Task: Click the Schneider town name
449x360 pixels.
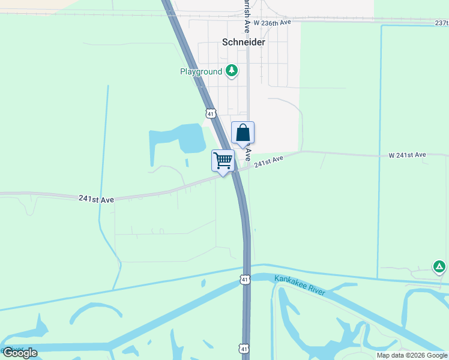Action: [x=244, y=43]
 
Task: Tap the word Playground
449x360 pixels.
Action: [x=201, y=72]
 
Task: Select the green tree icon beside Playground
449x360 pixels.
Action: [x=232, y=71]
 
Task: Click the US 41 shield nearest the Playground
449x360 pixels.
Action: [x=210, y=113]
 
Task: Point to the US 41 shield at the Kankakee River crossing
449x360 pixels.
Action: [x=244, y=280]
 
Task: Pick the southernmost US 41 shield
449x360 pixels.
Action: [x=243, y=348]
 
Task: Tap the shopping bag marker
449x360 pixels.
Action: [x=243, y=133]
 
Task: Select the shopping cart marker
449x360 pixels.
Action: [x=223, y=161]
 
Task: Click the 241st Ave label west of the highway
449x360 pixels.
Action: [x=96, y=198]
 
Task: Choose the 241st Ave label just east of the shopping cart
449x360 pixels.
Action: [x=268, y=162]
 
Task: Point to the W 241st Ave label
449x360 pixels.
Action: [x=407, y=155]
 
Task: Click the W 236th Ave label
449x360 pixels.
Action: [x=272, y=22]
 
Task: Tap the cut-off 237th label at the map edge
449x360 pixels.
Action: [x=441, y=23]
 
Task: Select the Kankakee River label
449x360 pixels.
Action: [x=300, y=285]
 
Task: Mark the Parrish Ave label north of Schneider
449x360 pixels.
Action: [x=246, y=15]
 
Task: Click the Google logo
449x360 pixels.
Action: [x=19, y=353]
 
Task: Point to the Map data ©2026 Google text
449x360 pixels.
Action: [x=412, y=355]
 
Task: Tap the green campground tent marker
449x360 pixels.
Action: [x=439, y=266]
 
